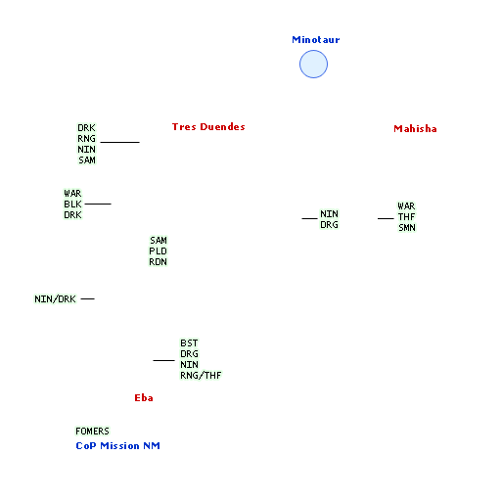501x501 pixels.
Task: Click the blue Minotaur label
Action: pos(316,40)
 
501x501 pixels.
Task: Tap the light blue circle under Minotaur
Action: pos(313,64)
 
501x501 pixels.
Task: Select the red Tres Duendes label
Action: pos(208,127)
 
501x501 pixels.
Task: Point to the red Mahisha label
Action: pos(415,129)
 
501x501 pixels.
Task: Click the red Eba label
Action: pos(144,398)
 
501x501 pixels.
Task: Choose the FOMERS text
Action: pos(92,432)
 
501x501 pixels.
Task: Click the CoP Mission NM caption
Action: pos(117,446)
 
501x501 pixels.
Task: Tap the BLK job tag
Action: pos(72,205)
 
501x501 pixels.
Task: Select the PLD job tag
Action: pos(159,251)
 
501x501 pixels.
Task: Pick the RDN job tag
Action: pos(159,262)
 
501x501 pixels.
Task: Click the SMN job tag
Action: pos(407,228)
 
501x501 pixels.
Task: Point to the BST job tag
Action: pos(189,343)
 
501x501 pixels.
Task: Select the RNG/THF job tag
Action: pos(201,376)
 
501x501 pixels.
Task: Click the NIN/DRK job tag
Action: pos(55,299)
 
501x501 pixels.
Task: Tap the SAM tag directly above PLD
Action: pos(159,241)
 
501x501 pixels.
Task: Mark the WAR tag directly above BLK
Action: pos(72,194)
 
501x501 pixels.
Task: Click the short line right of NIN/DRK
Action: pos(87,298)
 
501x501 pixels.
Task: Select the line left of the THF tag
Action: pos(386,218)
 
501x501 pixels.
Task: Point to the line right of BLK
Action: pos(98,204)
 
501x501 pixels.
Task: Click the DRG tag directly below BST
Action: pos(189,354)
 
